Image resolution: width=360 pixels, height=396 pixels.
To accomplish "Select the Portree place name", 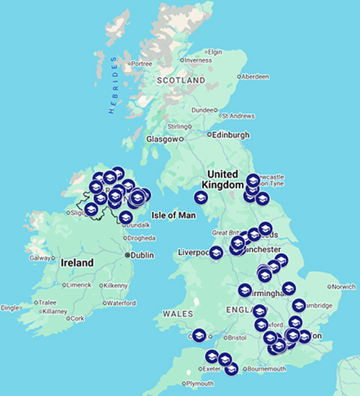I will (x=143, y=63).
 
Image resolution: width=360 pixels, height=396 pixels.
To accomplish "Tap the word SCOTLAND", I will (x=181, y=81).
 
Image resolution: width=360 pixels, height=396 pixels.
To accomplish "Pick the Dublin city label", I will (x=144, y=254).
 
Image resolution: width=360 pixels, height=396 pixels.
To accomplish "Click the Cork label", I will (x=77, y=318).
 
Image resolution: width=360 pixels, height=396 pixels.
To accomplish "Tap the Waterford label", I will (x=121, y=303).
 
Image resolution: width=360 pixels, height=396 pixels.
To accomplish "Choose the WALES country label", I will (x=176, y=314).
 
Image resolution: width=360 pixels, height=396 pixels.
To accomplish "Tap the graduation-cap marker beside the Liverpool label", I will (x=215, y=253).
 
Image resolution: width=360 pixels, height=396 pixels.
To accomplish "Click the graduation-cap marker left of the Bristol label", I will (x=199, y=335).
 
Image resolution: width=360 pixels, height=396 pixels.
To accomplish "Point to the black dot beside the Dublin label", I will (x=127, y=254).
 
